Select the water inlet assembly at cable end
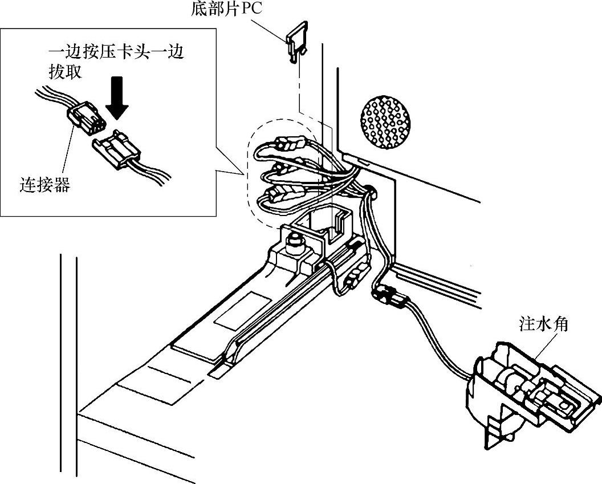click(527, 392)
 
